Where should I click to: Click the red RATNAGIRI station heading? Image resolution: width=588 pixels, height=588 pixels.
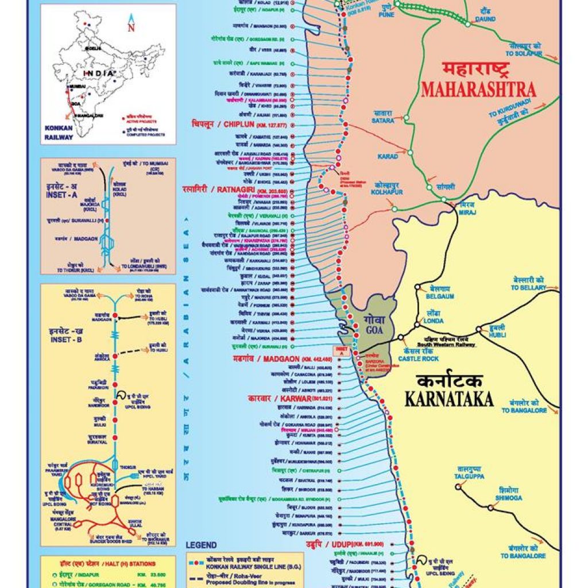coord(230,190)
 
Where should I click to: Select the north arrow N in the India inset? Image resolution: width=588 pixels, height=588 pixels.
coord(131,26)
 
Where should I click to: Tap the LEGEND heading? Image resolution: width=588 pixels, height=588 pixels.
coord(201,545)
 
